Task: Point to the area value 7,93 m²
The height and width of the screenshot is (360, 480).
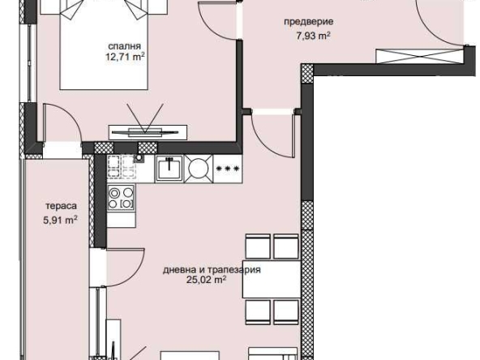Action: [x=311, y=35]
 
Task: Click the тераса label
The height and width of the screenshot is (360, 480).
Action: [x=61, y=206]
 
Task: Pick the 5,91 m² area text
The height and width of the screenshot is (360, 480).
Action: [x=61, y=218]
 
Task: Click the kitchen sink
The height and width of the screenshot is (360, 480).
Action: [x=169, y=168]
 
